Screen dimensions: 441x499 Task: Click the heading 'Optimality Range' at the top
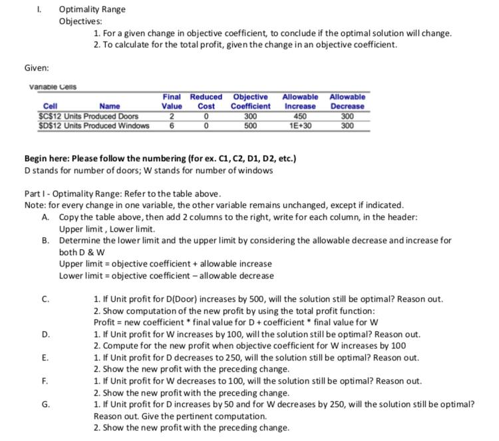92,9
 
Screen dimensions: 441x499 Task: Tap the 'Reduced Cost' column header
207,101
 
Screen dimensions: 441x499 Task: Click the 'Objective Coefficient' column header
250,101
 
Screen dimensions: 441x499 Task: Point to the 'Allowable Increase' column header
299,101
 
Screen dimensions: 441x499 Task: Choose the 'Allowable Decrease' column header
347,101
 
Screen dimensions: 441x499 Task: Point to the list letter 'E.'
45,357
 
